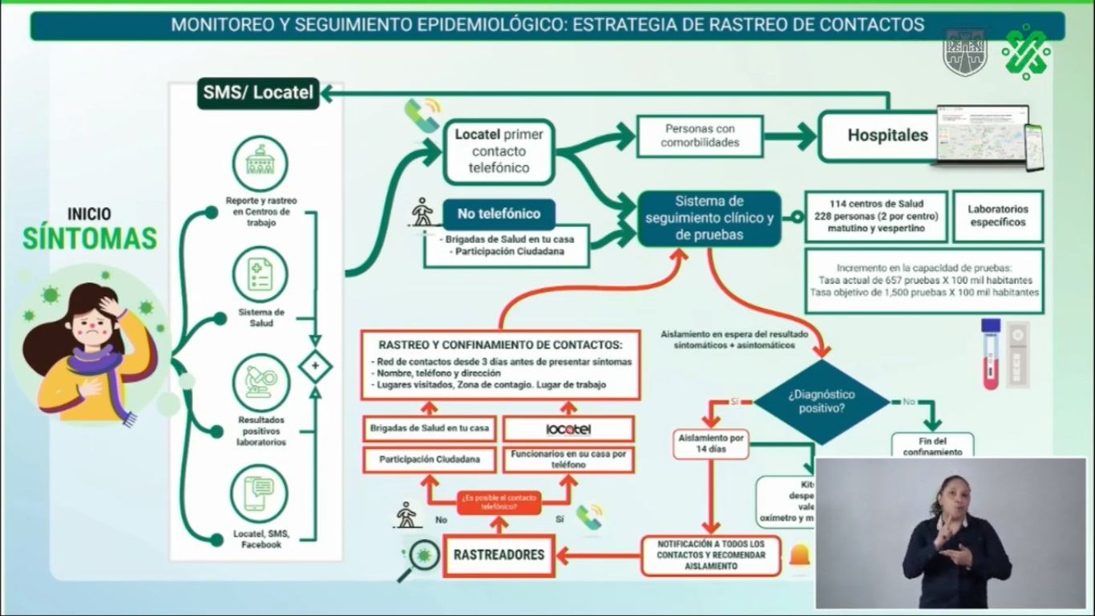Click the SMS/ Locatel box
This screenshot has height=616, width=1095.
click(258, 92)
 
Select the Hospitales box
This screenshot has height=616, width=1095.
click(887, 136)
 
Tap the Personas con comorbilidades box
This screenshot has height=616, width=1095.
click(699, 136)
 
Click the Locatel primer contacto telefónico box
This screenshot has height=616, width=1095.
click(499, 152)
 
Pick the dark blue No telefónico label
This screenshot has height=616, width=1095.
click(499, 214)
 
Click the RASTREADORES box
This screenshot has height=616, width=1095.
click(499, 554)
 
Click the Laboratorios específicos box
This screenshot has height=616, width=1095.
click(997, 216)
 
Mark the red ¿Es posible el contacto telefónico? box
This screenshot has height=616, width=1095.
click(499, 503)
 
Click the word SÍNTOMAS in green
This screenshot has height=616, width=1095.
click(90, 238)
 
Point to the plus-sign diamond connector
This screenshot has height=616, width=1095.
click(315, 367)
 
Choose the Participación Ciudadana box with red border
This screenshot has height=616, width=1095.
click(430, 460)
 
